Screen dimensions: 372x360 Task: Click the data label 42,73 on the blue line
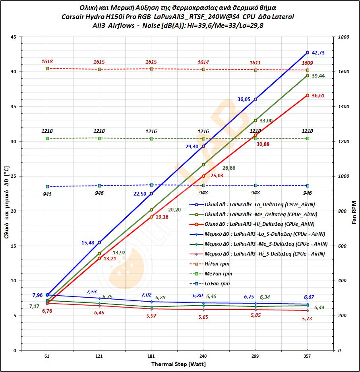click(x=318, y=53)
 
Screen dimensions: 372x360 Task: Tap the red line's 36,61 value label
click(x=318, y=96)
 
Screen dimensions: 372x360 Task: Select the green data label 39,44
click(x=318, y=76)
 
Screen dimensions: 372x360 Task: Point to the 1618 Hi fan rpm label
click(x=47, y=62)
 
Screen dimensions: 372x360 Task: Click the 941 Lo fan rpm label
click(x=47, y=194)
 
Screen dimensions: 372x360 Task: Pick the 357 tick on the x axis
click(x=308, y=356)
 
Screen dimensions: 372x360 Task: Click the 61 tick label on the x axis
click(x=47, y=356)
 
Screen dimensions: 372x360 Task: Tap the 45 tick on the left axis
click(x=14, y=37)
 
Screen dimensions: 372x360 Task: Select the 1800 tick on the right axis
click(x=344, y=37)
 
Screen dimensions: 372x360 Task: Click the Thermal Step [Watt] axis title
click(x=178, y=364)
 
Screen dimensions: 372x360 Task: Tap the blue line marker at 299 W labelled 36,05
click(x=255, y=99)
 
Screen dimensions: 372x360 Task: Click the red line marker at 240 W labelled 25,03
click(x=203, y=176)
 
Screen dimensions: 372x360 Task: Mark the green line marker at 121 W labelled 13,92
click(x=99, y=254)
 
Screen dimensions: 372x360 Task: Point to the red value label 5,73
click(x=308, y=319)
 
